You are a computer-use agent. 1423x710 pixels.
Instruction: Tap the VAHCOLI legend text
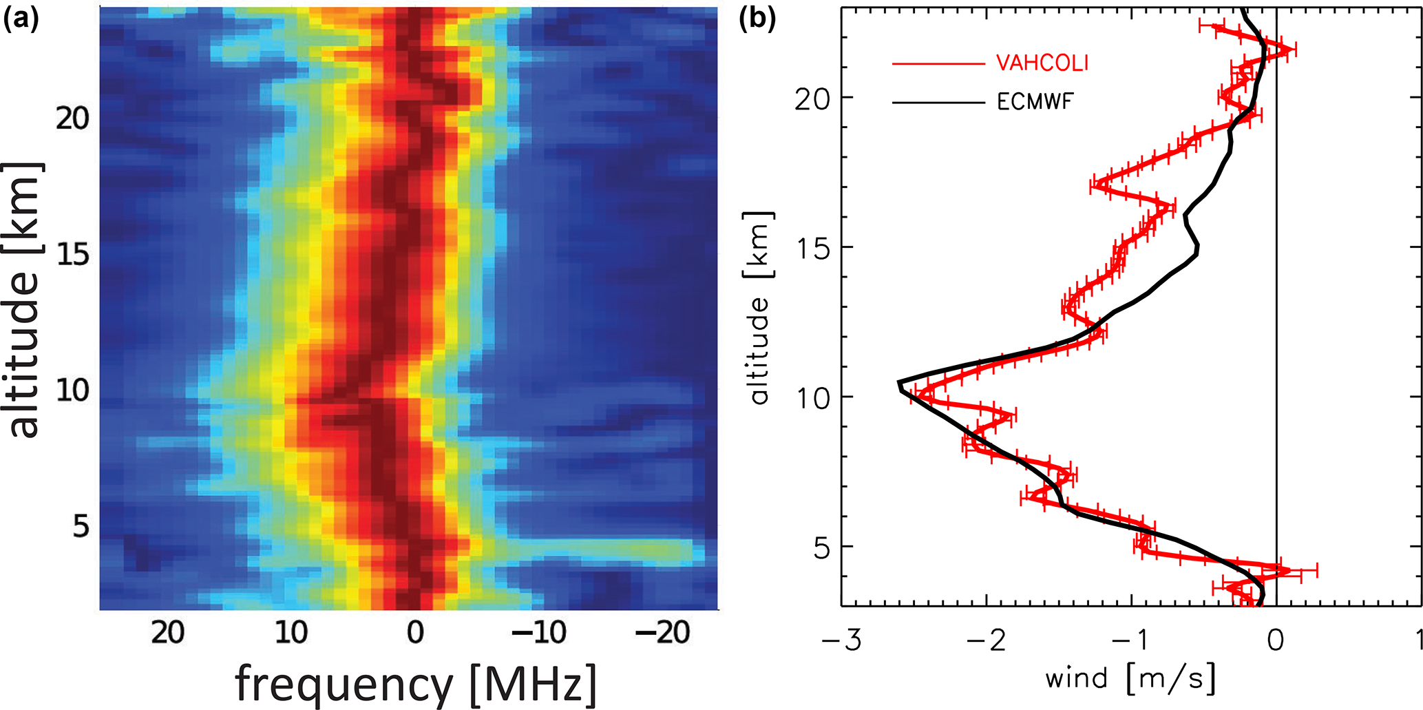click(x=1042, y=63)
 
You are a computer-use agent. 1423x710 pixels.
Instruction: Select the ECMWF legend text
click(x=1035, y=103)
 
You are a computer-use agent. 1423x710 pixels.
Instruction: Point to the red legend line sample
click(x=938, y=64)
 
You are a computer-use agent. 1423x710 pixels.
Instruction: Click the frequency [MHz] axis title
click(x=416, y=684)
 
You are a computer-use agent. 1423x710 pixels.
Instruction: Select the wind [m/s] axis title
click(x=1130, y=679)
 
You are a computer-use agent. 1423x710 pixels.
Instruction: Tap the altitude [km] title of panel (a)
click(x=24, y=300)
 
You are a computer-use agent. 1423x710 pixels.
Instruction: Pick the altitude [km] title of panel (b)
click(x=759, y=307)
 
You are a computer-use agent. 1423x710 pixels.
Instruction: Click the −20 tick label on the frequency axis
click(x=662, y=631)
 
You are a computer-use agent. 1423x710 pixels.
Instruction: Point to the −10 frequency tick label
click(x=539, y=631)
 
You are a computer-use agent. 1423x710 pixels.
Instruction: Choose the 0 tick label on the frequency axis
click(x=415, y=631)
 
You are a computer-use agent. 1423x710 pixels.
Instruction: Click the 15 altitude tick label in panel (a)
click(x=73, y=255)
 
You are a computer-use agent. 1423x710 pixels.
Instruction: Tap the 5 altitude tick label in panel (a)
click(x=81, y=527)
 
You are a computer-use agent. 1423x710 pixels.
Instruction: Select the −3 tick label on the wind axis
click(x=841, y=640)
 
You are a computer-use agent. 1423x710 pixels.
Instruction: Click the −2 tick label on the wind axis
click(x=986, y=640)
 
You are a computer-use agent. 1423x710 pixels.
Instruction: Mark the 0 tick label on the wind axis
click(x=1276, y=640)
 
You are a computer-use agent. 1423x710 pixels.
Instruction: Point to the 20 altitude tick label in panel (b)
click(x=812, y=98)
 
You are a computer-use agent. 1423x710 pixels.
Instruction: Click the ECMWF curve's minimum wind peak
click(x=898, y=382)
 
